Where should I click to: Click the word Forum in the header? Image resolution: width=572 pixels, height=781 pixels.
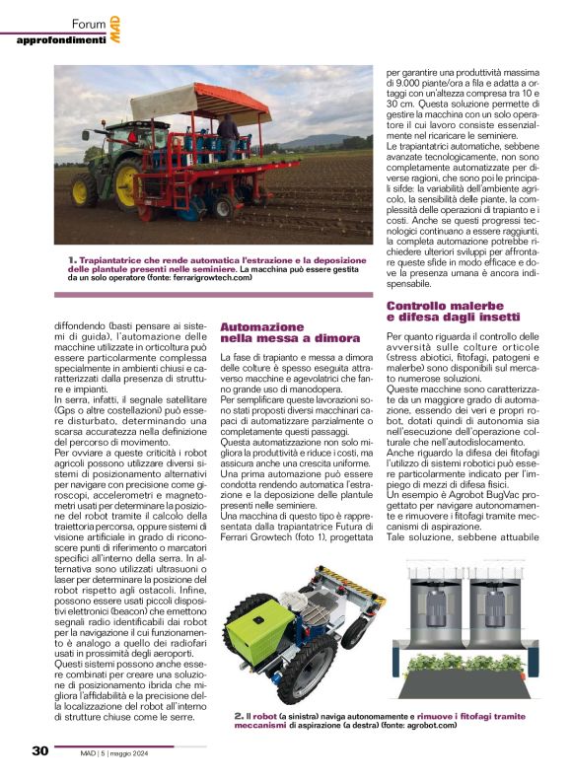(x=90, y=24)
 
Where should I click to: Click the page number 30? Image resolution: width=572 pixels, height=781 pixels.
(x=39, y=751)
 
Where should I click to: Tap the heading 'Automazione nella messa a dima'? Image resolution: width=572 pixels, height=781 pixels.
(x=261, y=332)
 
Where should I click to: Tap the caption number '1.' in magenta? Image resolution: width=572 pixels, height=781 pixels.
(x=73, y=257)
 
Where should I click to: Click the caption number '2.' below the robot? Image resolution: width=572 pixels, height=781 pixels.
(x=239, y=715)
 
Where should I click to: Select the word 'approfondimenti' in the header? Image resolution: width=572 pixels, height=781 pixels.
(x=61, y=39)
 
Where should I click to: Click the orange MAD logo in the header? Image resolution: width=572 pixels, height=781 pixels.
(x=114, y=32)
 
